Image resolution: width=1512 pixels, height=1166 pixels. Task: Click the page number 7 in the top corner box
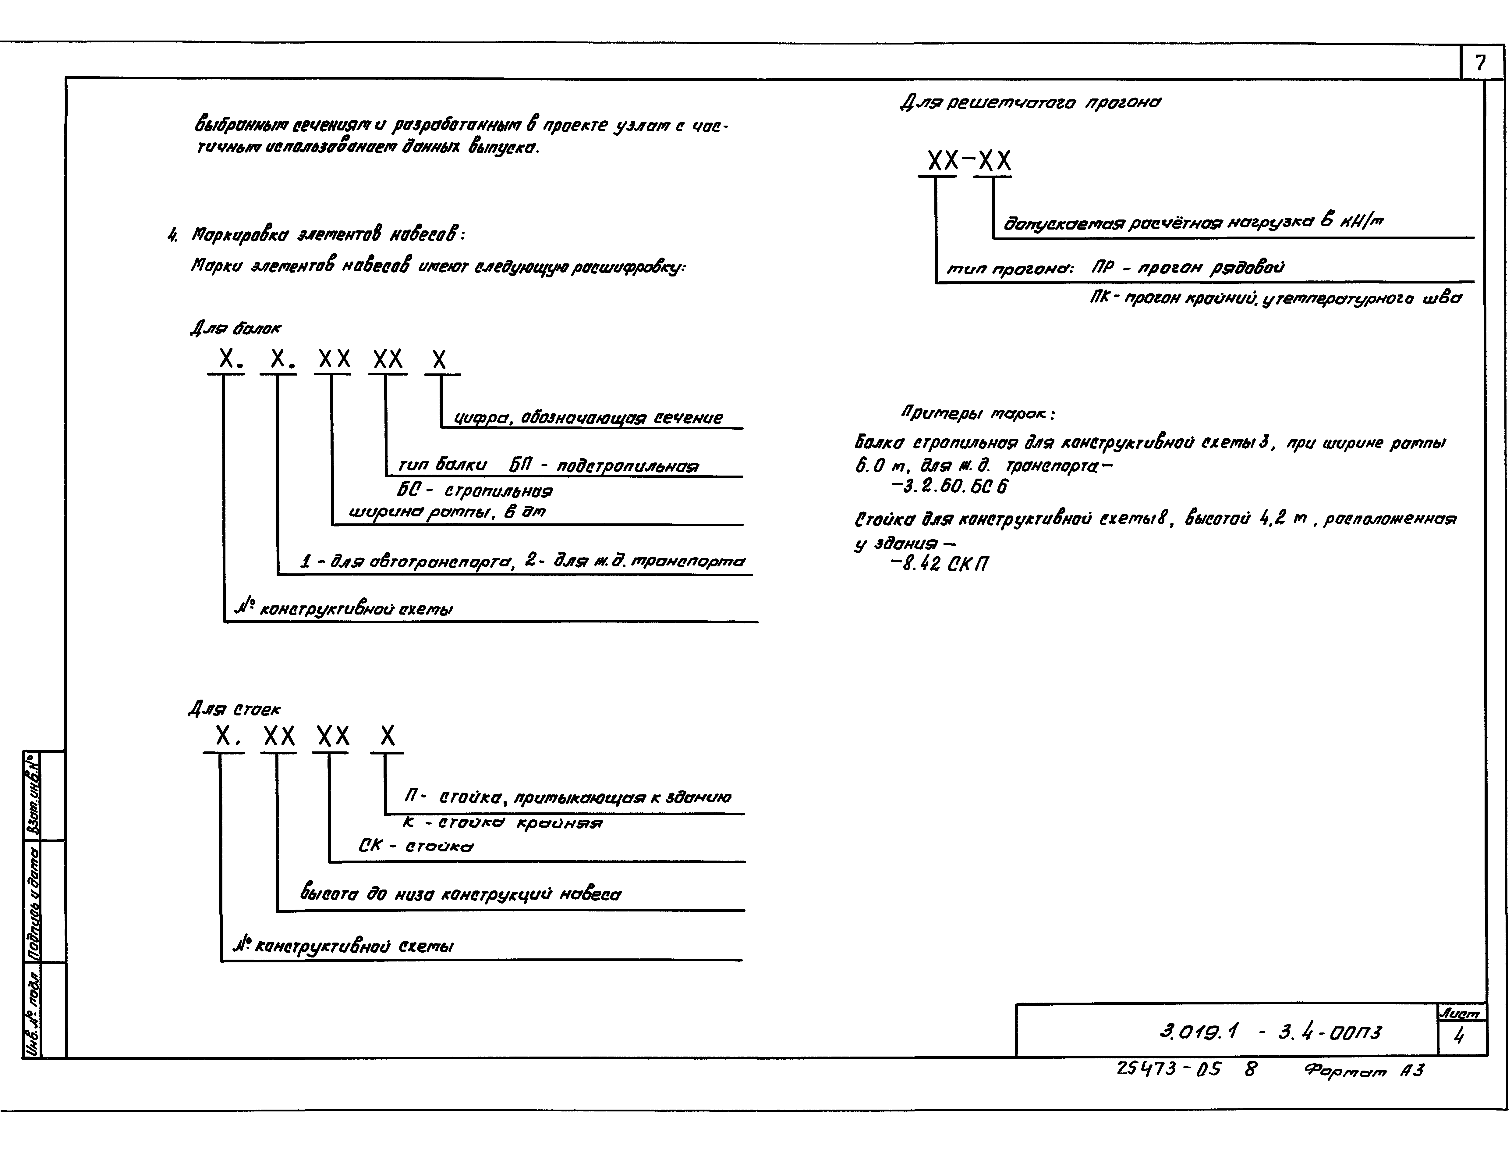(1480, 64)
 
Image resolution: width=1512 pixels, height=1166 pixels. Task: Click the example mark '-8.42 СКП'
(940, 565)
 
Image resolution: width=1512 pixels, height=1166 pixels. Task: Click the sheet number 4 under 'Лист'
(1459, 1036)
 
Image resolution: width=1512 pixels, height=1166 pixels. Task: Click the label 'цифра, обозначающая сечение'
(588, 418)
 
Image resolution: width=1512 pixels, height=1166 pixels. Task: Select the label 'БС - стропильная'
(475, 491)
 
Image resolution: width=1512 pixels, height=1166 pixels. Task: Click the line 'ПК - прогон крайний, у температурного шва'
(1275, 299)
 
